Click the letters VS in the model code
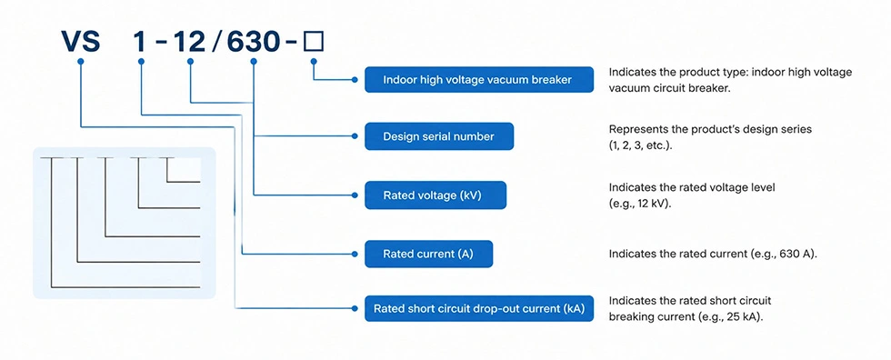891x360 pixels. tap(81, 42)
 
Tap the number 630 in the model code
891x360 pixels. tap(254, 42)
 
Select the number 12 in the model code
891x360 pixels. tap(189, 42)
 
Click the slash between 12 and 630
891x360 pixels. tap(216, 42)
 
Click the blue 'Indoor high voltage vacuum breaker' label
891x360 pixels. tap(479, 79)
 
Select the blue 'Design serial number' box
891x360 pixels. tap(438, 136)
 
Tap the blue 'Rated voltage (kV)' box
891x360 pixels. tap(435, 195)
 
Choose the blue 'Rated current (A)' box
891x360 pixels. tap(428, 254)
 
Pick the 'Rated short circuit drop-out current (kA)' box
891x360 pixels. tap(479, 308)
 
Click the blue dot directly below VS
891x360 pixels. tap(81, 61)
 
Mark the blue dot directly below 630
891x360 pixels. tap(254, 61)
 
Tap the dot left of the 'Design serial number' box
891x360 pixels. tap(355, 136)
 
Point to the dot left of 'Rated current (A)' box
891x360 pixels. tap(355, 254)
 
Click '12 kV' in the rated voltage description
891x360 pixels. tap(648, 203)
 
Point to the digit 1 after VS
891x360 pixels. tap(140, 42)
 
